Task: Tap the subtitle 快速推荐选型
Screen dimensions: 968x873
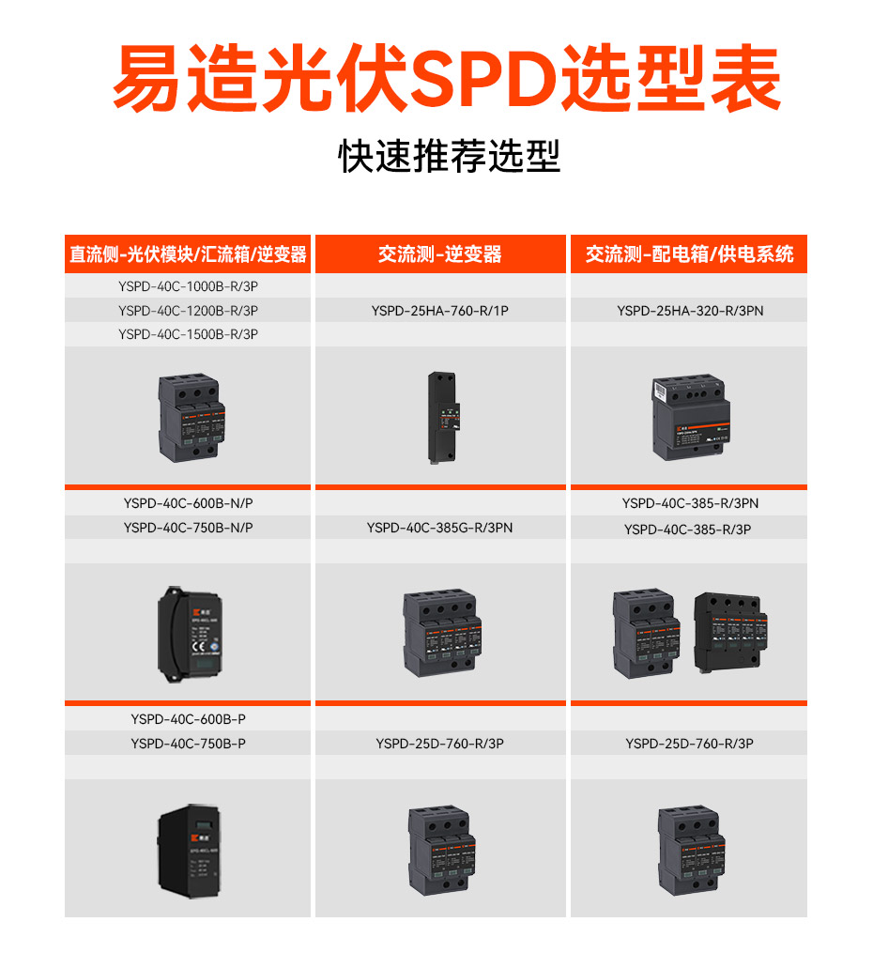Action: (x=449, y=157)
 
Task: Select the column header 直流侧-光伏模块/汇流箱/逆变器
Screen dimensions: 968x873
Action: (x=188, y=254)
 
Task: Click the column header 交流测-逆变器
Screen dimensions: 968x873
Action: (x=440, y=254)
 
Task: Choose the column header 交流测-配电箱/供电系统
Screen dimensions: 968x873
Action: (x=689, y=254)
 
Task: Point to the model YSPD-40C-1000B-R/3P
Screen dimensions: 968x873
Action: (x=188, y=285)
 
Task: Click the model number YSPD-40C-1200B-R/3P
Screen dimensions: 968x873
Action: (x=188, y=310)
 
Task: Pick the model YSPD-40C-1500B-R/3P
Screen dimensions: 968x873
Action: (x=188, y=334)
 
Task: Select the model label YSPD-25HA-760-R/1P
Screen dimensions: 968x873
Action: (x=440, y=310)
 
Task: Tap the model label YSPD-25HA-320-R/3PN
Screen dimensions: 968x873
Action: (x=690, y=310)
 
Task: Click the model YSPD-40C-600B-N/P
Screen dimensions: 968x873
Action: (x=188, y=503)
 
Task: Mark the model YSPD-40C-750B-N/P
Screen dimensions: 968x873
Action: (x=188, y=528)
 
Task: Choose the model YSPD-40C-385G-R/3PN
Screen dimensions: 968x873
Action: (x=440, y=528)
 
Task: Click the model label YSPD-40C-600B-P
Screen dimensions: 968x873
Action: (x=188, y=719)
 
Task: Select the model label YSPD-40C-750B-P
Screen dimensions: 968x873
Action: (x=188, y=744)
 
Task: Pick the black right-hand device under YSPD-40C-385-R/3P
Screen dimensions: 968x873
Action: (x=731, y=634)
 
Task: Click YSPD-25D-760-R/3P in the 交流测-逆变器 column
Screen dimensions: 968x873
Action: (x=440, y=744)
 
